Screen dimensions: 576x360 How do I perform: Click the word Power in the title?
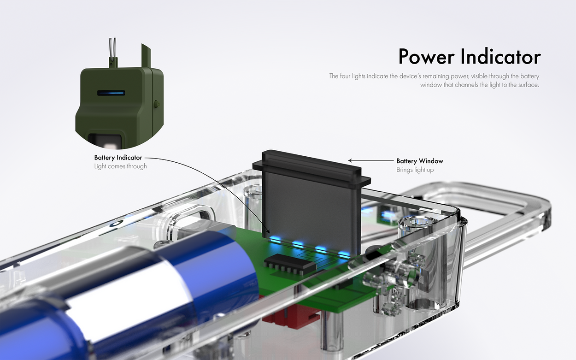(426, 57)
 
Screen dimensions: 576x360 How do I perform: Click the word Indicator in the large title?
(500, 56)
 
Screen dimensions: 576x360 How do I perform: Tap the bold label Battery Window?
(420, 161)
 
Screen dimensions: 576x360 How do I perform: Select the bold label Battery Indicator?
(118, 158)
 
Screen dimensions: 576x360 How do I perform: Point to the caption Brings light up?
(415, 170)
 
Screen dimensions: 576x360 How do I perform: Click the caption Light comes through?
(120, 166)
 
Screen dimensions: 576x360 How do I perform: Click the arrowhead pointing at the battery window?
(350, 160)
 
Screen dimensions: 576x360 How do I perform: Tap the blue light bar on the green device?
(111, 93)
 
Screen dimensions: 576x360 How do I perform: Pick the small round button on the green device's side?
(157, 104)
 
